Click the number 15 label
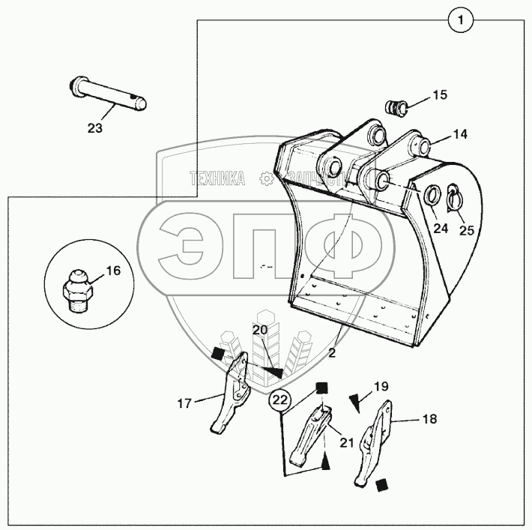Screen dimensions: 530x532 click(439, 95)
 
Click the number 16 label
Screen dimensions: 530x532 click(112, 271)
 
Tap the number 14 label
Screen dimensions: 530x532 click(460, 135)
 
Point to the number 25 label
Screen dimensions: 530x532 click(466, 230)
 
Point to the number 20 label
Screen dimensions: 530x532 click(259, 330)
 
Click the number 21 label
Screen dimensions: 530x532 click(345, 442)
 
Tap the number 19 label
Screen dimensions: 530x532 click(381, 387)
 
